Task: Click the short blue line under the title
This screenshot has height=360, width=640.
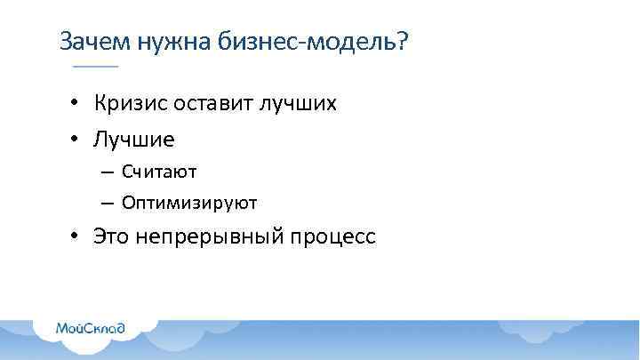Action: (95, 68)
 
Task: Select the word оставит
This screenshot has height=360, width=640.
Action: (213, 104)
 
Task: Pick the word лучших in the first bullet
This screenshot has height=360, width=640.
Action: (298, 104)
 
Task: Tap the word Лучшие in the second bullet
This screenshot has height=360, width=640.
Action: (134, 140)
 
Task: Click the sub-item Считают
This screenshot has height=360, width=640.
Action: (159, 170)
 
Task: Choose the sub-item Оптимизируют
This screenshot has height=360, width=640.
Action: (189, 203)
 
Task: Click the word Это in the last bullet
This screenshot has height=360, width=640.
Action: (111, 238)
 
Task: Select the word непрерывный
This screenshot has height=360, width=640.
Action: (209, 238)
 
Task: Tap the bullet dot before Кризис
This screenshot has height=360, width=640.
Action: (78, 105)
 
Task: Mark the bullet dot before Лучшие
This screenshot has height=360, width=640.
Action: (78, 140)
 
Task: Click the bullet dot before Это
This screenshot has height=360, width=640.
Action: (78, 238)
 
